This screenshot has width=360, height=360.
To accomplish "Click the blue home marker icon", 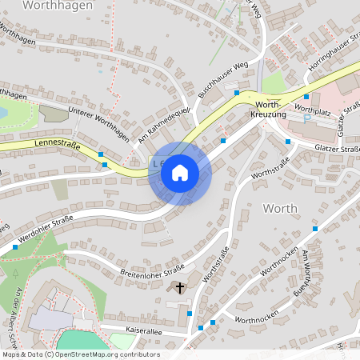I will click(x=180, y=173).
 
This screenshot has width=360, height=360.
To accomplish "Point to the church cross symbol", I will click(x=180, y=286).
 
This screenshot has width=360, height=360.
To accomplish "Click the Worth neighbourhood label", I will click(x=280, y=208).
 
